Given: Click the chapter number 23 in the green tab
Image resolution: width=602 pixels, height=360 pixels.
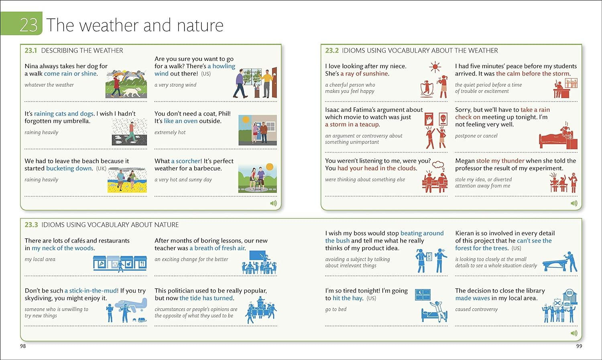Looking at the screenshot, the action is point(28,25).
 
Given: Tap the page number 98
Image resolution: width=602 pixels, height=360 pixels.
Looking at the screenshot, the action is point(23,346).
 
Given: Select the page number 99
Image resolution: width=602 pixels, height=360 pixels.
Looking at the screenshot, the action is point(579,346).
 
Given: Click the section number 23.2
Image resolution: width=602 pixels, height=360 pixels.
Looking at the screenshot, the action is point(332,51).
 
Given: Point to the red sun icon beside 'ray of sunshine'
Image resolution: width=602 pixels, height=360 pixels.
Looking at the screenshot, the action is point(435,67).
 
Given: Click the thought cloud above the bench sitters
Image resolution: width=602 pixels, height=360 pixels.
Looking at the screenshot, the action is point(438,165).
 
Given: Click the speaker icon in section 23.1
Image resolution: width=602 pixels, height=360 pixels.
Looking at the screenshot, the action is point(273,203).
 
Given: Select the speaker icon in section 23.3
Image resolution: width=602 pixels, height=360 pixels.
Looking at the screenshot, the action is point(574,333).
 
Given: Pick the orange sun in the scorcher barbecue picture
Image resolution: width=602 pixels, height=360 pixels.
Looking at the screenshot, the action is point(269,167).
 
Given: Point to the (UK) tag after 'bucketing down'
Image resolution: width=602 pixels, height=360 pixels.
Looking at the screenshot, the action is point(101,169).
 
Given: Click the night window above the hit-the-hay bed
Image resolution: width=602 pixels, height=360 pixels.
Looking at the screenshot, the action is point(423,295).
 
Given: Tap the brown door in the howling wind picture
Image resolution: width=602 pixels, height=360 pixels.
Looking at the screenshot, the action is point(274,83).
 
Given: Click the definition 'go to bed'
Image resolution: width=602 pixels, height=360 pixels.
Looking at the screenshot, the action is point(336,309).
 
